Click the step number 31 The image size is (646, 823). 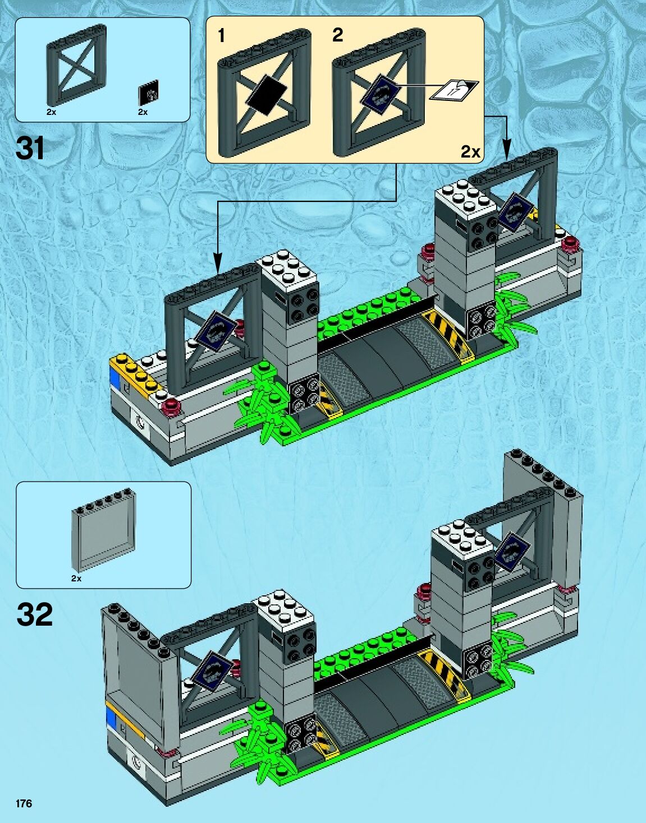30,149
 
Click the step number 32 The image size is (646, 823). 35,615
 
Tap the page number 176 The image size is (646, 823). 24,803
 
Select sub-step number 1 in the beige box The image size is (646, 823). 221,36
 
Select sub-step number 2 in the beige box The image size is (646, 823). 337,35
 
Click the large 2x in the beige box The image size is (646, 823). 470,151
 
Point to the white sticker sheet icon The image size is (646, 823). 453,90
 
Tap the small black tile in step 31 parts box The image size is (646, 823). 148,93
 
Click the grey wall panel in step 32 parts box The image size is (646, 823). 104,533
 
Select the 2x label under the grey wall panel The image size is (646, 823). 76,578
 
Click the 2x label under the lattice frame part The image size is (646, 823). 51,112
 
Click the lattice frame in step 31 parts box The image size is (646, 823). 75,66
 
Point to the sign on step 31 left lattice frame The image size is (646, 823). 215,332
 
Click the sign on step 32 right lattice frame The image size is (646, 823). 512,553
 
